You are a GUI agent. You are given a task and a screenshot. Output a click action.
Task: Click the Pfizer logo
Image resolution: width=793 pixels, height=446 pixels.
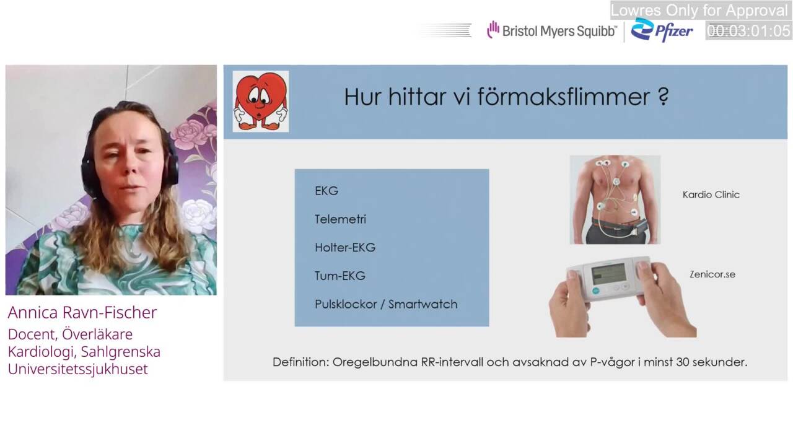(x=662, y=30)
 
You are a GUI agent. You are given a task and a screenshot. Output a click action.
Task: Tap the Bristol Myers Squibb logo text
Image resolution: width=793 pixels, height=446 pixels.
(x=559, y=31)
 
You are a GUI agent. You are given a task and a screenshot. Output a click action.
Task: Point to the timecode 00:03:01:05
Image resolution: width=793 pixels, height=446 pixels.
(x=748, y=31)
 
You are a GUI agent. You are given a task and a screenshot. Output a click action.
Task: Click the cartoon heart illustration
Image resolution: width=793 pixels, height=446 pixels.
(x=261, y=101)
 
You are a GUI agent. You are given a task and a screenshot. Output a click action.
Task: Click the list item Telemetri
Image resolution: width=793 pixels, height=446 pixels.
(x=340, y=219)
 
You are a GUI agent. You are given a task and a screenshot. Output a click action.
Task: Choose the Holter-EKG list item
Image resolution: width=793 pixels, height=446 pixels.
(x=345, y=247)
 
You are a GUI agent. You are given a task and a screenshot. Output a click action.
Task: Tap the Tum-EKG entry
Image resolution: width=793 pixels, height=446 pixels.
(x=340, y=276)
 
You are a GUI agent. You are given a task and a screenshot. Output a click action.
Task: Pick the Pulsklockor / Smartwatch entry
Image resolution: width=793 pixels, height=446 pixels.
(x=386, y=304)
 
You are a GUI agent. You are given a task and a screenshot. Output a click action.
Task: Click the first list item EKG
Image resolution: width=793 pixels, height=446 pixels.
(x=326, y=191)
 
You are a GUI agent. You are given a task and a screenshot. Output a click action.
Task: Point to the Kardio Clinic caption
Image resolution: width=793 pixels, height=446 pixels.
(x=711, y=195)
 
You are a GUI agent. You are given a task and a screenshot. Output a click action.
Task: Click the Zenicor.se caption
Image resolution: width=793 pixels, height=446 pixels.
(x=712, y=274)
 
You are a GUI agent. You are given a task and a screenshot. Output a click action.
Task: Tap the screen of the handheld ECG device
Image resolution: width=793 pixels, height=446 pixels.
(x=609, y=273)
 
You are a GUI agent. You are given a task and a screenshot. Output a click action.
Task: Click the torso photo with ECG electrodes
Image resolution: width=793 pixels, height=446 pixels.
(x=615, y=199)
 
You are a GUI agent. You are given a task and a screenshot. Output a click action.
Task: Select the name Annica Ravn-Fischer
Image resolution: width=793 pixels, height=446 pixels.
(x=82, y=313)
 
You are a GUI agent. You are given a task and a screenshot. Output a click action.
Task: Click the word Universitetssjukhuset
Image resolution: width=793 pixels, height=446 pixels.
(x=77, y=369)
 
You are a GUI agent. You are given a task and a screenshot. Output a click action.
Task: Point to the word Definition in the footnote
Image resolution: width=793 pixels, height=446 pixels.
(x=301, y=362)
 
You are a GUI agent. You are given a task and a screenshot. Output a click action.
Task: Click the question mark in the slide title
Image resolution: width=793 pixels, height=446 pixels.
(x=664, y=95)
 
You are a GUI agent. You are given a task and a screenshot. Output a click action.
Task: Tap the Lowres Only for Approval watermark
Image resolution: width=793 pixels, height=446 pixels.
(x=699, y=11)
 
